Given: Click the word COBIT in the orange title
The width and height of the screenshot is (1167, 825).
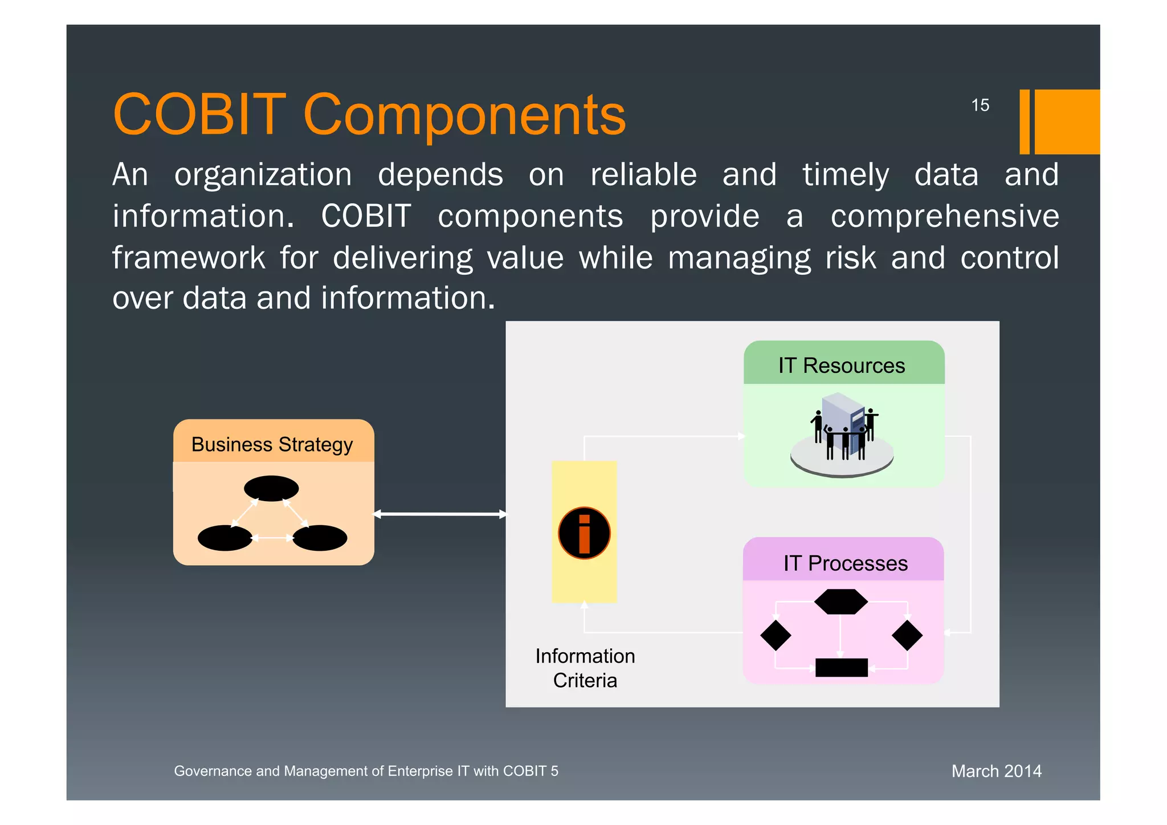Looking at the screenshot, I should click(x=199, y=115).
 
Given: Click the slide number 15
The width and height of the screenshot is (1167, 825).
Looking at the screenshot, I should click(x=980, y=105).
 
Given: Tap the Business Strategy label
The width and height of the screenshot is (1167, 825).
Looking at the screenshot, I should click(x=272, y=444).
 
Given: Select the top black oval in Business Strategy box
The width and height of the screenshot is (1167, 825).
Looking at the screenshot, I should click(x=271, y=489).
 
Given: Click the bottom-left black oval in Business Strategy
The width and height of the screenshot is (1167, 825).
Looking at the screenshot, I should click(x=225, y=538).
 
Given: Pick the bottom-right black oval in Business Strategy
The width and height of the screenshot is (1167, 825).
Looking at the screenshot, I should click(x=320, y=538).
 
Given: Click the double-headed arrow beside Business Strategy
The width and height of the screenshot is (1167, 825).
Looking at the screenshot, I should click(x=440, y=514).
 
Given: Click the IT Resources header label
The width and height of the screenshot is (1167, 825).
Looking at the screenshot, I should click(x=842, y=365).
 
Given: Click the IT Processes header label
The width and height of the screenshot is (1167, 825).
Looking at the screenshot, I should click(x=845, y=563).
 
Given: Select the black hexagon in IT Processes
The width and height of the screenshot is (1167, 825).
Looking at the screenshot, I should click(x=841, y=602).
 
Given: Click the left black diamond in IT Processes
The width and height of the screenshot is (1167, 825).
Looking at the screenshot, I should click(x=776, y=635).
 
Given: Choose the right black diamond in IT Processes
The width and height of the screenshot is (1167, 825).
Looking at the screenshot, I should click(x=907, y=635).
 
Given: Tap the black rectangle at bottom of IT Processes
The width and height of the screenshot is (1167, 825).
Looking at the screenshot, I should click(x=842, y=668).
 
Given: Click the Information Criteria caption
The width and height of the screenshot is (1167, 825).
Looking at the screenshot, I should click(x=585, y=668).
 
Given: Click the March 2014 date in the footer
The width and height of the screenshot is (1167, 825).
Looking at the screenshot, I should click(x=996, y=771).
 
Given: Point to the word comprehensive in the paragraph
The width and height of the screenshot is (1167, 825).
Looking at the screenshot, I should click(x=945, y=217).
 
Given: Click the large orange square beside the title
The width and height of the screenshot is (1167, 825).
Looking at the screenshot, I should click(x=1067, y=121).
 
